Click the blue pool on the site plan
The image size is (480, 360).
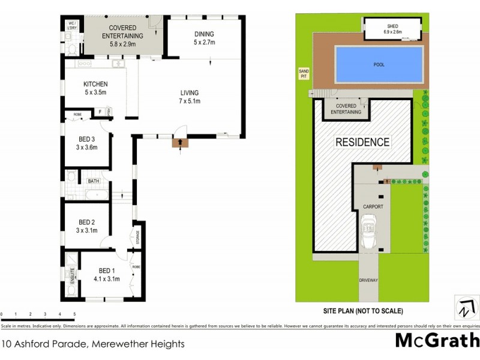pyautogui.click(x=378, y=65)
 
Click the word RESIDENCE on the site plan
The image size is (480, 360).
pyautogui.click(x=362, y=142)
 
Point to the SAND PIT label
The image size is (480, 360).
pyautogui.click(x=304, y=73)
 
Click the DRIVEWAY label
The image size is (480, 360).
pyautogui.click(x=368, y=280)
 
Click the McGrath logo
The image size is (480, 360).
pyautogui.click(x=436, y=340)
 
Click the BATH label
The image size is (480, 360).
pyautogui.click(x=94, y=181)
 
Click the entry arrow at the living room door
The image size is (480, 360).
pyautogui.click(x=178, y=143)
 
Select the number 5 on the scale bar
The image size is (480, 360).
pyautogui.click(x=74, y=314)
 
